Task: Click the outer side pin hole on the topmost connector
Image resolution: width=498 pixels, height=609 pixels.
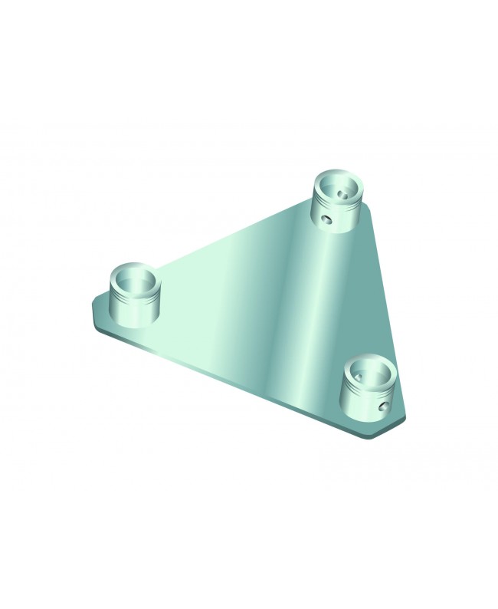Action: tap(327, 219)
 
